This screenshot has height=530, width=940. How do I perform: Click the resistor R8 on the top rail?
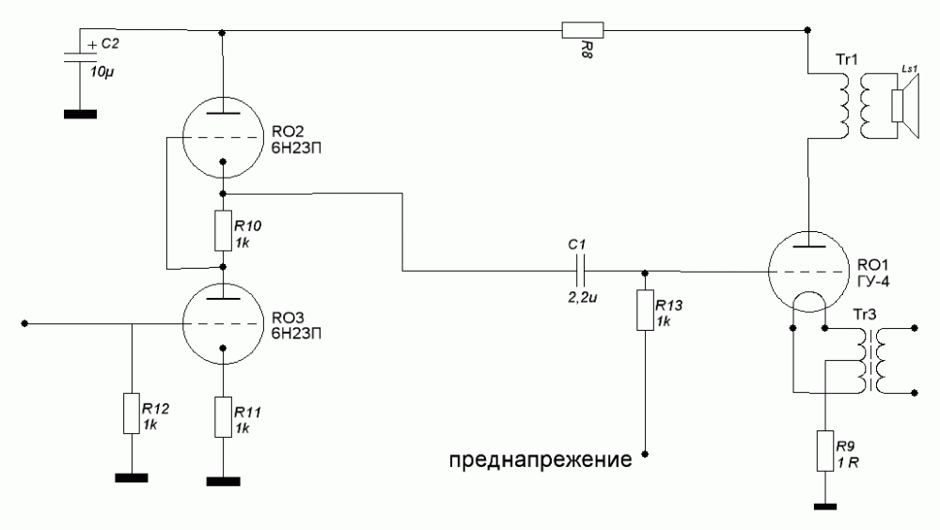(575, 30)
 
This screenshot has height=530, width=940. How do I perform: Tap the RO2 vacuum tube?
(222, 137)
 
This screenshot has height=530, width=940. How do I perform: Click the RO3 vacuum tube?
(222, 322)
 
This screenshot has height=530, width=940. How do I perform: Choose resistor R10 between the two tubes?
(223, 230)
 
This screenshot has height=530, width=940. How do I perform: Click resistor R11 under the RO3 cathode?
(223, 416)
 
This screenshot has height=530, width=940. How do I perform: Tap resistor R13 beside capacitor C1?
(645, 311)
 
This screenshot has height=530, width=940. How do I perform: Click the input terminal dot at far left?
(24, 322)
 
